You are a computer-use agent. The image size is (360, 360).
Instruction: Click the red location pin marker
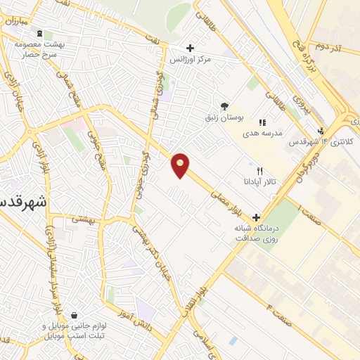181,165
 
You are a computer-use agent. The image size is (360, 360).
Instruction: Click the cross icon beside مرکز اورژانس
189,48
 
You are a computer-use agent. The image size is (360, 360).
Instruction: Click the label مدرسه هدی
262,132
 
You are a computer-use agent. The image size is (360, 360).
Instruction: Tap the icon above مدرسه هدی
262,122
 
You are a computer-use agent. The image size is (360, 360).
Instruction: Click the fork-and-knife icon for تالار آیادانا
259,171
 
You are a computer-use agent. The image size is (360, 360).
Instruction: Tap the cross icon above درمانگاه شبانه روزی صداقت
256,218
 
